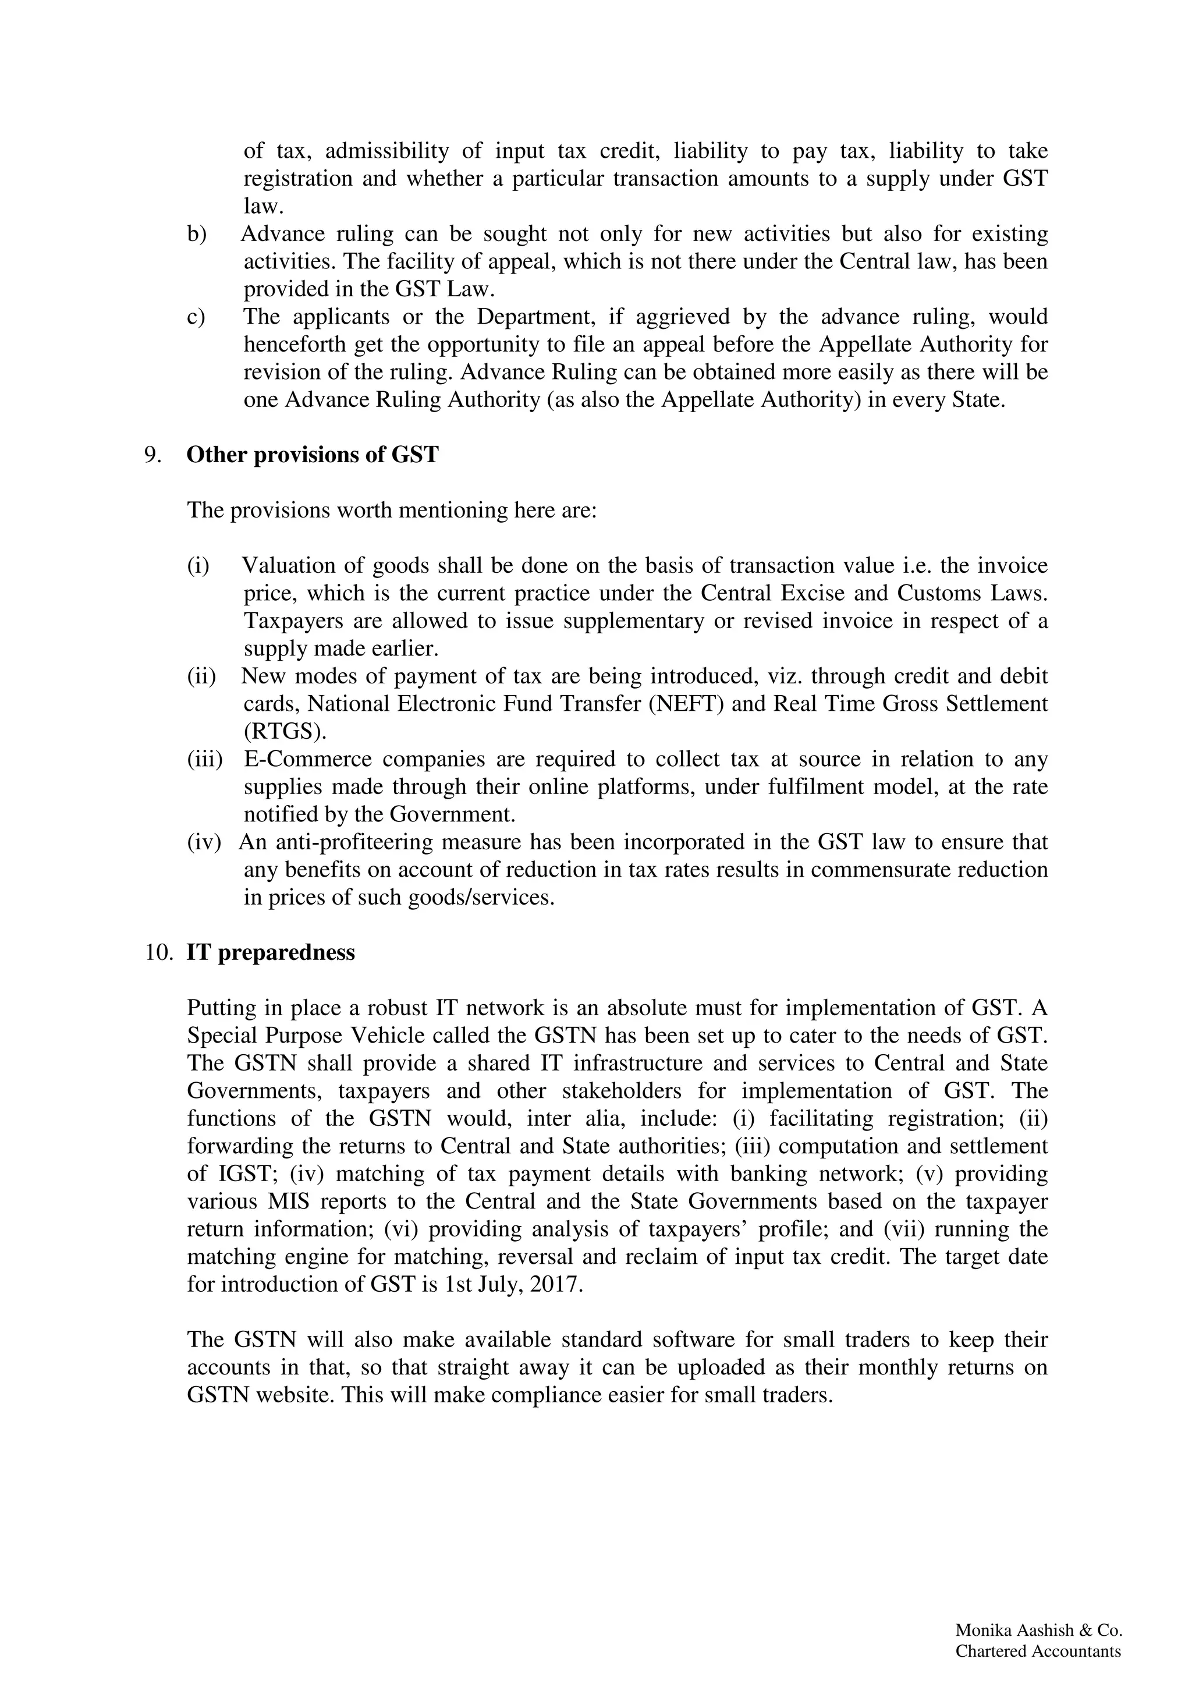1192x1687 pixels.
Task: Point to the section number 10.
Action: point(158,952)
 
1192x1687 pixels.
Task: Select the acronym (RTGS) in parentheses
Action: point(285,732)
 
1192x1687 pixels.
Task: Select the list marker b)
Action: point(196,233)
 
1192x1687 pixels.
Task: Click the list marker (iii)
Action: point(204,759)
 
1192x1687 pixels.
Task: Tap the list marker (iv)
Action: point(204,842)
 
